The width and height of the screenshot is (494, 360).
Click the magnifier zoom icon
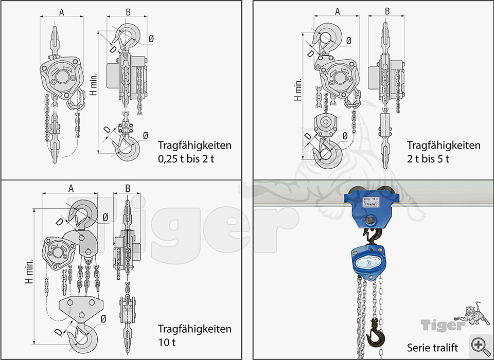coord(480,345)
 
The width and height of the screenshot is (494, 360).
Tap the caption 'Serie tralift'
coord(432,348)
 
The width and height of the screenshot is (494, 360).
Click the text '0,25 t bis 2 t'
coord(186,159)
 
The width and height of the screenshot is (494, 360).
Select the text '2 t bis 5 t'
coord(428,159)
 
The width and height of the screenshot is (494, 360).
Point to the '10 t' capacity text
coord(167,342)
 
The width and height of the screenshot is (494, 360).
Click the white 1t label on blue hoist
coord(368,262)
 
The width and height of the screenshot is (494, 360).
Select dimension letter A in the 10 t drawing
coord(71,188)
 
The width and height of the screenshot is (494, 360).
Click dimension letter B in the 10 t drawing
coord(128,188)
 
